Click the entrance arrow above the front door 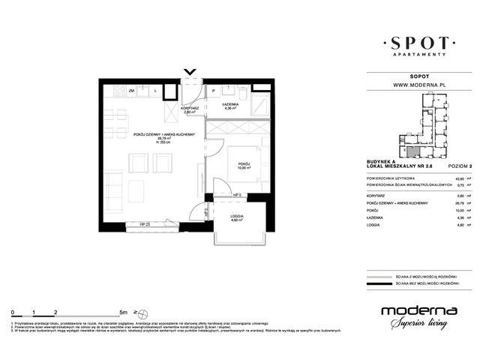pos(190,73)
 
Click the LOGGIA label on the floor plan pos(235,218)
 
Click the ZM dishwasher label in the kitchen pos(131,90)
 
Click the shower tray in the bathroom pos(260,103)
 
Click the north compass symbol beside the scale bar pos(136,310)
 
